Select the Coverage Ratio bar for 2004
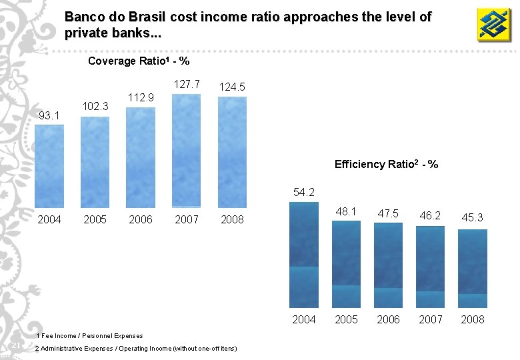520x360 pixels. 49,166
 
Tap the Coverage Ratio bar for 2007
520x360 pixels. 186,151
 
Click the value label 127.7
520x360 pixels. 187,84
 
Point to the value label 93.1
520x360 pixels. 49,116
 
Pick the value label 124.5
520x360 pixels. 232,87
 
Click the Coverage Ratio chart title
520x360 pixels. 139,61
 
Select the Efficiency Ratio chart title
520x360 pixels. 386,164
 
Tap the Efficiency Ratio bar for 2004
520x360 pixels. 304,255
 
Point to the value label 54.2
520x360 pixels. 304,192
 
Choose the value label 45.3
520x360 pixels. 472,217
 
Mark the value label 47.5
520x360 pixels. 388,213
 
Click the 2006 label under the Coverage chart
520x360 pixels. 141,219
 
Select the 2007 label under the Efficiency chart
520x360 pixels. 430,319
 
